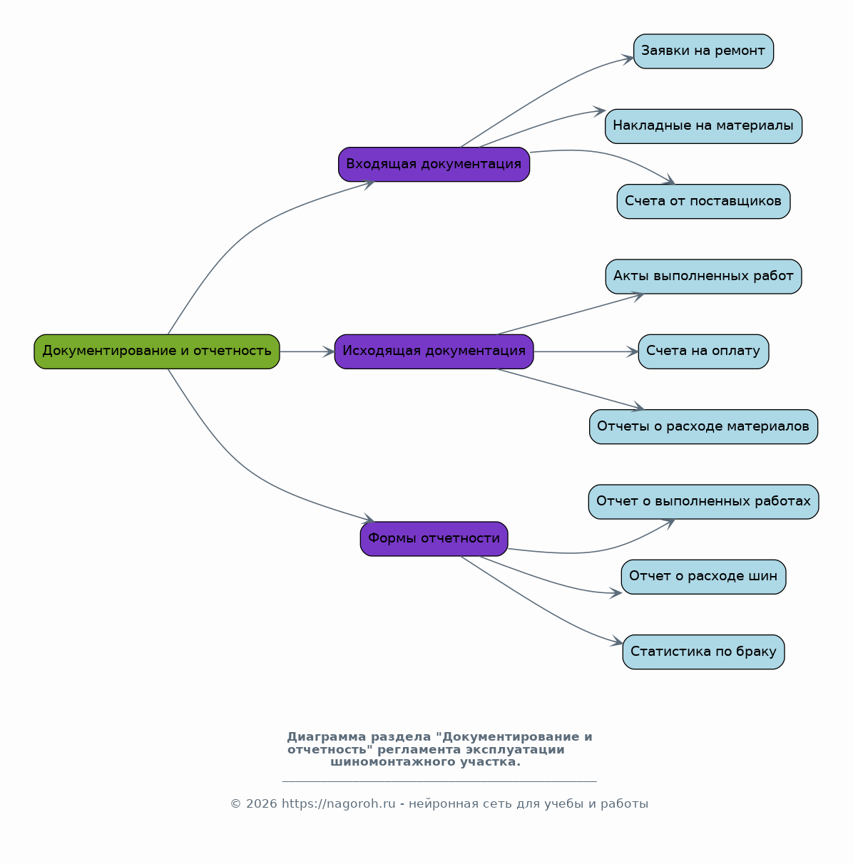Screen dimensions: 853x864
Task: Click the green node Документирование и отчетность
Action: pyautogui.click(x=157, y=351)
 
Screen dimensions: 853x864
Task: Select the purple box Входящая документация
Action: pyautogui.click(x=434, y=165)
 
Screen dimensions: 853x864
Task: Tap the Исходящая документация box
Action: pyautogui.click(x=434, y=351)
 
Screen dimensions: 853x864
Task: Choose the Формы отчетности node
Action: pyautogui.click(x=434, y=538)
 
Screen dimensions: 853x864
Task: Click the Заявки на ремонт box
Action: pyautogui.click(x=703, y=51)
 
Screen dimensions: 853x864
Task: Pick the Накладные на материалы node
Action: pyautogui.click(x=703, y=126)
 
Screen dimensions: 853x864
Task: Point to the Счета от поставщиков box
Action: pyautogui.click(x=703, y=201)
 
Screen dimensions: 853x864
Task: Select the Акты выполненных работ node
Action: pyautogui.click(x=703, y=276)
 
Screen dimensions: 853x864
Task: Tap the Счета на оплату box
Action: pyautogui.click(x=703, y=351)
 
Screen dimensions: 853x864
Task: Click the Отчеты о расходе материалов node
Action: pyautogui.click(x=703, y=426)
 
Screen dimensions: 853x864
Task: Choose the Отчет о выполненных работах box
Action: pyautogui.click(x=703, y=502)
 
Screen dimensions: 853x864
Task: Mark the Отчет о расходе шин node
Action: pyautogui.click(x=703, y=577)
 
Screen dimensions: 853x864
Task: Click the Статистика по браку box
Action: pyautogui.click(x=703, y=652)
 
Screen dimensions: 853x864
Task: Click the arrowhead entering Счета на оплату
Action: pyautogui.click(x=633, y=351)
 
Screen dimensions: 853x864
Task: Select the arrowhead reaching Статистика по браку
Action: pyautogui.click(x=617, y=642)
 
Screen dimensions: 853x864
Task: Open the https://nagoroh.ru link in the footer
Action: pyautogui.click(x=338, y=803)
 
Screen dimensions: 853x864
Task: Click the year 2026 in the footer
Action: pyautogui.click(x=261, y=803)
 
